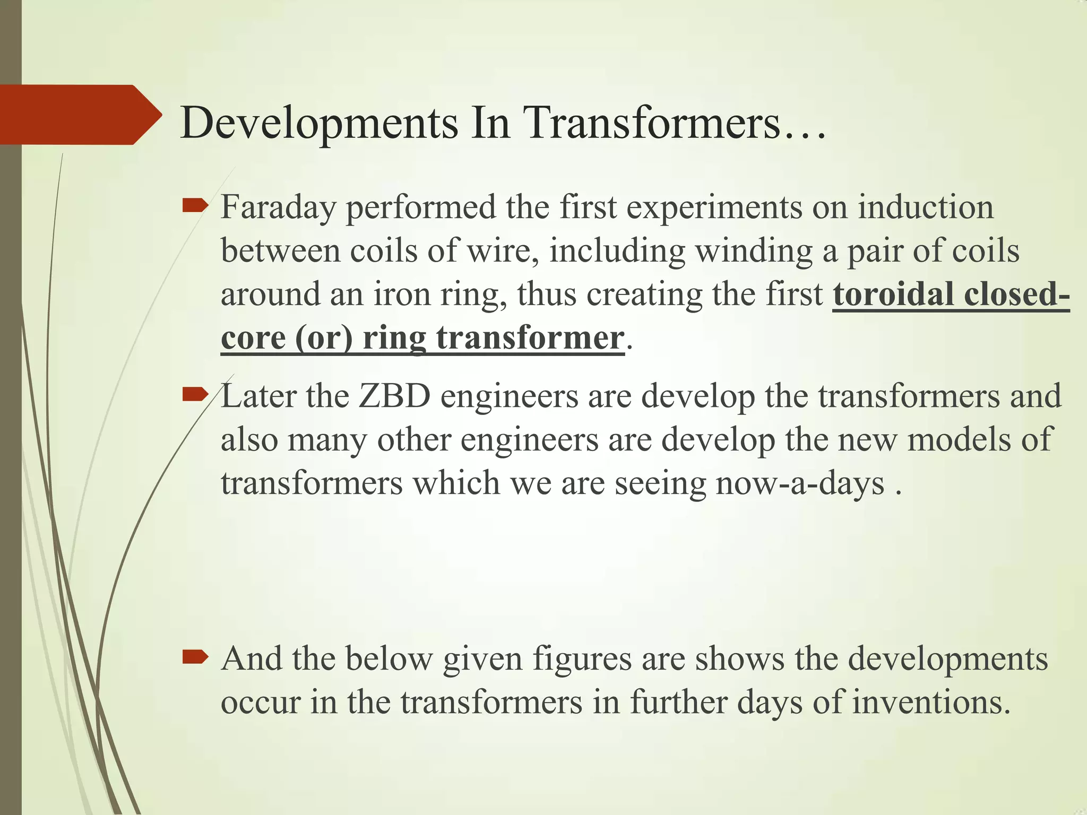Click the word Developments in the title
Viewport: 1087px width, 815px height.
[x=318, y=123]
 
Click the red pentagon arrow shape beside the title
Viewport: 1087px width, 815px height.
[x=80, y=115]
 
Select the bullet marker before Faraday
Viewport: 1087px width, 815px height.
[x=194, y=206]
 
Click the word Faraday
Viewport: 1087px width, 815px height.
[x=278, y=208]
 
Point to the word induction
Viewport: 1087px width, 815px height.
[x=926, y=207]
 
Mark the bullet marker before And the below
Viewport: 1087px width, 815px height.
[x=194, y=658]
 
